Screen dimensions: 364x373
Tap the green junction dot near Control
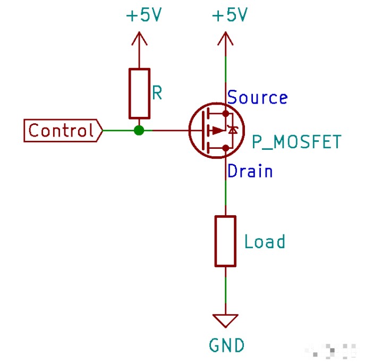(139, 130)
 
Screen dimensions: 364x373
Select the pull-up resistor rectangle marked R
(139, 93)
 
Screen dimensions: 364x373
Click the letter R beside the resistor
(157, 93)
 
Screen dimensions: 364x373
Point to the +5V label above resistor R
(143, 15)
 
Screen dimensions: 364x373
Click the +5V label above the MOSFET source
(230, 15)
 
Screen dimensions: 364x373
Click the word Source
(258, 98)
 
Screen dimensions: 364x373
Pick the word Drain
(250, 171)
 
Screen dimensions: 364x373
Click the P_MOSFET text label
(295, 142)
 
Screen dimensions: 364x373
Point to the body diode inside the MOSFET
(232, 130)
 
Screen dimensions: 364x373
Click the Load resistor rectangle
(225, 241)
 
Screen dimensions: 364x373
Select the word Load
(265, 242)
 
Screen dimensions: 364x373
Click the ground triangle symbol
(225, 320)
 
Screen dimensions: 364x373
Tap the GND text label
(227, 345)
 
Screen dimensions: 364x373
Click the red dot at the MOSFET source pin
(226, 113)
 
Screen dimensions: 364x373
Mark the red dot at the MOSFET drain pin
(226, 148)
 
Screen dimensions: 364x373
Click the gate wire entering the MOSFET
(170, 130)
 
